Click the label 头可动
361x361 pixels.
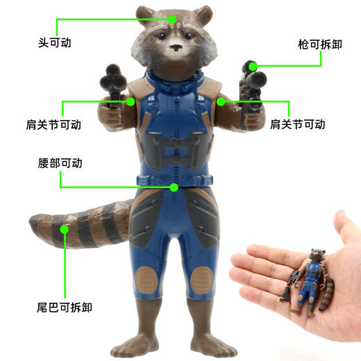click(55, 43)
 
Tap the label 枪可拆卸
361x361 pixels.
click(320, 44)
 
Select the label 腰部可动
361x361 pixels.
click(60, 163)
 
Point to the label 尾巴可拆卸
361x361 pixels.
click(65, 308)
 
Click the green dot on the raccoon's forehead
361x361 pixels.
click(172, 19)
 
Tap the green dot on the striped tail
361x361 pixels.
click(65, 229)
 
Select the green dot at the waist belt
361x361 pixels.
click(174, 187)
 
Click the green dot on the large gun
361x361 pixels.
click(253, 67)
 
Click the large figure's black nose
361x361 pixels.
click(176, 48)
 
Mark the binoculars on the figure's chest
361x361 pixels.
click(174, 149)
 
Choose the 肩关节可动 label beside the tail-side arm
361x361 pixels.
click(53, 125)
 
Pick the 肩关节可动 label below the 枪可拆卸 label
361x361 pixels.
click(298, 124)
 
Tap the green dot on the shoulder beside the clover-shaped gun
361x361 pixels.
click(131, 102)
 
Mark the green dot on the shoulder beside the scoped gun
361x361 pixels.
click(221, 102)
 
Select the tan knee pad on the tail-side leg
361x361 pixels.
click(146, 280)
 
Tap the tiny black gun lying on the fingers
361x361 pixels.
click(285, 294)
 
